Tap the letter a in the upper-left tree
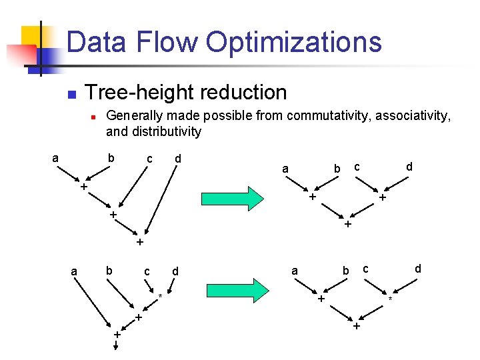tap(55, 158)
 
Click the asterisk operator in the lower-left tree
tap(161, 295)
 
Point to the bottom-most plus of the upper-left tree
tap(140, 242)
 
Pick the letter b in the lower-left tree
tap(108, 271)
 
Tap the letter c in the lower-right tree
tap(365, 269)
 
